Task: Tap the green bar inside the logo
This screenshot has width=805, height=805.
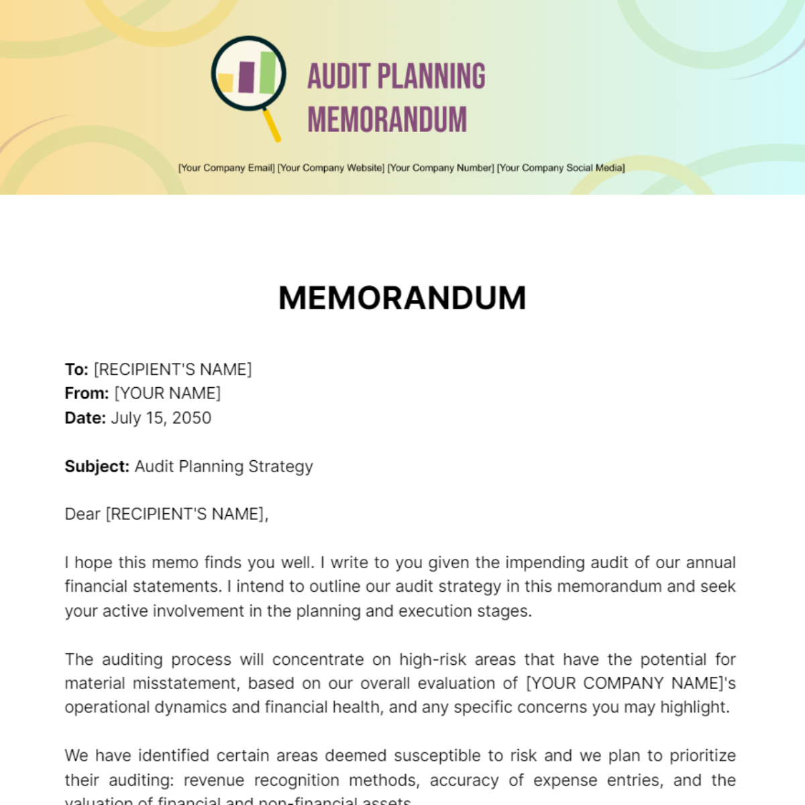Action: (x=268, y=72)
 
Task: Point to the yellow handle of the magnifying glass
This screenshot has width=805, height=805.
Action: (x=272, y=125)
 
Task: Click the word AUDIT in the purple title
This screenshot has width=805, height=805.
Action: (x=339, y=76)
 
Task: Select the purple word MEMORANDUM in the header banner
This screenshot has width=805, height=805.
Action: (x=387, y=120)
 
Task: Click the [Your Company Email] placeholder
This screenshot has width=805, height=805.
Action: (x=227, y=168)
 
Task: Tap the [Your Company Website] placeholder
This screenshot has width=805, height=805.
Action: (x=331, y=168)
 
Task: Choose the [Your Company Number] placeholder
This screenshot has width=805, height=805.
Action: (x=441, y=168)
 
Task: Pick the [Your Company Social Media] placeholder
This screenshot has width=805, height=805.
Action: (x=561, y=168)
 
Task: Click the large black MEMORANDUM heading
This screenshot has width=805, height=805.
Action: (x=402, y=298)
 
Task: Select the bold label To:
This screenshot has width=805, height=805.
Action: (x=76, y=370)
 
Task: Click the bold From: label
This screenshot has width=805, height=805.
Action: (x=87, y=394)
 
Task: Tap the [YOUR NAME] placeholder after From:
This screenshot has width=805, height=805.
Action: (x=168, y=394)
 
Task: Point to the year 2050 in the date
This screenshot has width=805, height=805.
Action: (x=192, y=418)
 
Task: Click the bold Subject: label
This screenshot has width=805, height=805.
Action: (x=97, y=466)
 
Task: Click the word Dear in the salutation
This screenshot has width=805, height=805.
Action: (x=83, y=514)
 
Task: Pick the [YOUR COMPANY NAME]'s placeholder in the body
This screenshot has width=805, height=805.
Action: (x=631, y=684)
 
